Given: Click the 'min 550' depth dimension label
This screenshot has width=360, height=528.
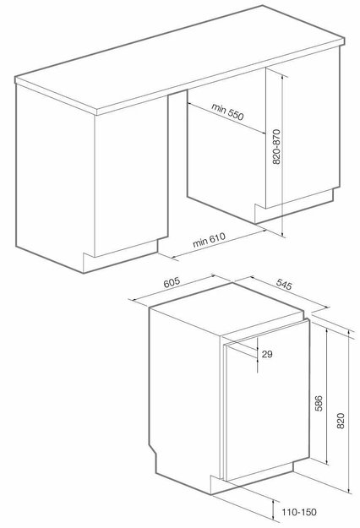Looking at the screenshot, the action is coord(227,112).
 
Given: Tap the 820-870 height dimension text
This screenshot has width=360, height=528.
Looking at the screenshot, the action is coord(276,147).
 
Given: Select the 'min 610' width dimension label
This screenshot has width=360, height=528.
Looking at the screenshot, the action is coord(209,240).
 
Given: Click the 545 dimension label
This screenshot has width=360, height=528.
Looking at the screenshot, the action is coord(284,285).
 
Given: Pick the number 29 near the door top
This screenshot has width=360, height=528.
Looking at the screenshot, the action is coord(267,354).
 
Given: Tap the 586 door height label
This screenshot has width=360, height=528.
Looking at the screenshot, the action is coord(319,404).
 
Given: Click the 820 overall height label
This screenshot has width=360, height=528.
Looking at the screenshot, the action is coord(341,421).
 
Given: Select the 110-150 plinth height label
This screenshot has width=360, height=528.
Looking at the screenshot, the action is coord(299,512).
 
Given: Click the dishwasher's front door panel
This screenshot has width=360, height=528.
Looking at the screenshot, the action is coord(268,400).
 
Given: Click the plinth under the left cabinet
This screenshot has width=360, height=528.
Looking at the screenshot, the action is coord(120,257).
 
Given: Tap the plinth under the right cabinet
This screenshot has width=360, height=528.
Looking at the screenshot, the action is coord(293,206).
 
